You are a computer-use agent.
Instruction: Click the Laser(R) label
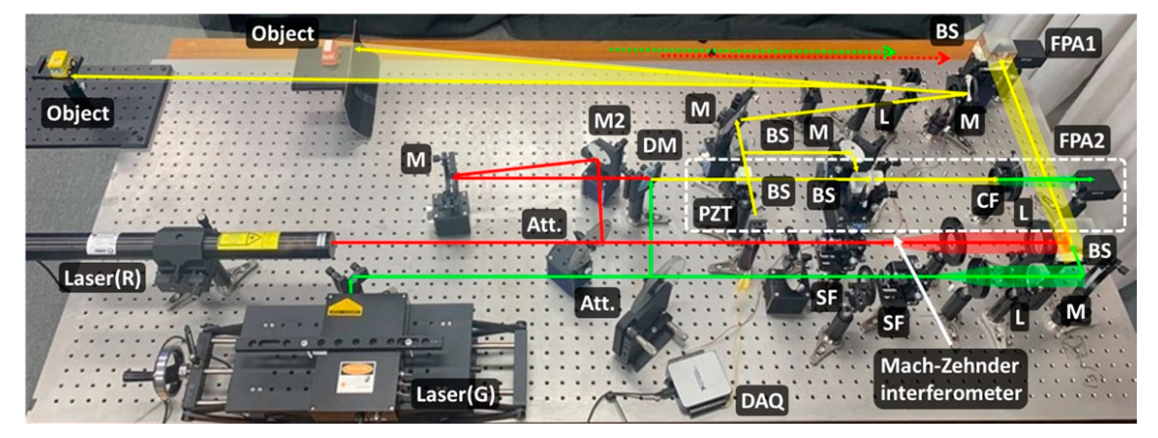tap(103, 279)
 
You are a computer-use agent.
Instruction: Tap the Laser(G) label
tap(455, 395)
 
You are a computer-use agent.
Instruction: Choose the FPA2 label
tap(1081, 141)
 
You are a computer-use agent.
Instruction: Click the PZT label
tap(715, 214)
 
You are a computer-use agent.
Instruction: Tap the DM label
tap(659, 145)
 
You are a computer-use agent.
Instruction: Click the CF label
tap(987, 200)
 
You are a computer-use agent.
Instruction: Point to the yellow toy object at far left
tap(60, 64)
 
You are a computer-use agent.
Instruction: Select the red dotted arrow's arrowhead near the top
tap(944, 58)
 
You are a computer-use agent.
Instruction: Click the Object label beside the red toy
tap(282, 34)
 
